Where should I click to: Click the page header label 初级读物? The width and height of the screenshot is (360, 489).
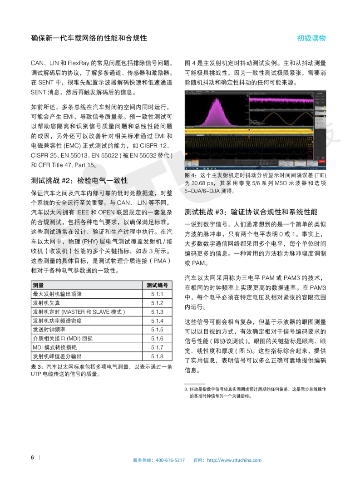[x=311, y=38]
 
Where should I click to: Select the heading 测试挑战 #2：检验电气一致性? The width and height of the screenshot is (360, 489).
[x=79, y=180]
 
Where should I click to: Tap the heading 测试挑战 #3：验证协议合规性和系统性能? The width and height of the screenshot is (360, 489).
[x=251, y=212]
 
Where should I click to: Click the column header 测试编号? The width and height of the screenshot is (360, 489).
[x=157, y=286]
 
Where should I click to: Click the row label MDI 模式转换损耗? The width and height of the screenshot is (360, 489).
[x=56, y=347]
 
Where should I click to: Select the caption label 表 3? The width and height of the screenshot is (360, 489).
[x=37, y=367]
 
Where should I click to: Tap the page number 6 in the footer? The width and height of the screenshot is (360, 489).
[x=32, y=457]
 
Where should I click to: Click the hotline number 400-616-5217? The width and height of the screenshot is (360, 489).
[x=170, y=460]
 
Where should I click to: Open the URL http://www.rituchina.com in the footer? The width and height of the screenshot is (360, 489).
[x=234, y=460]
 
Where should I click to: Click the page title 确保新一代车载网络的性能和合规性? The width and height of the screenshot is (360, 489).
[x=89, y=38]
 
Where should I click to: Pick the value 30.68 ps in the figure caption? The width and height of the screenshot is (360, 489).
[x=206, y=183]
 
